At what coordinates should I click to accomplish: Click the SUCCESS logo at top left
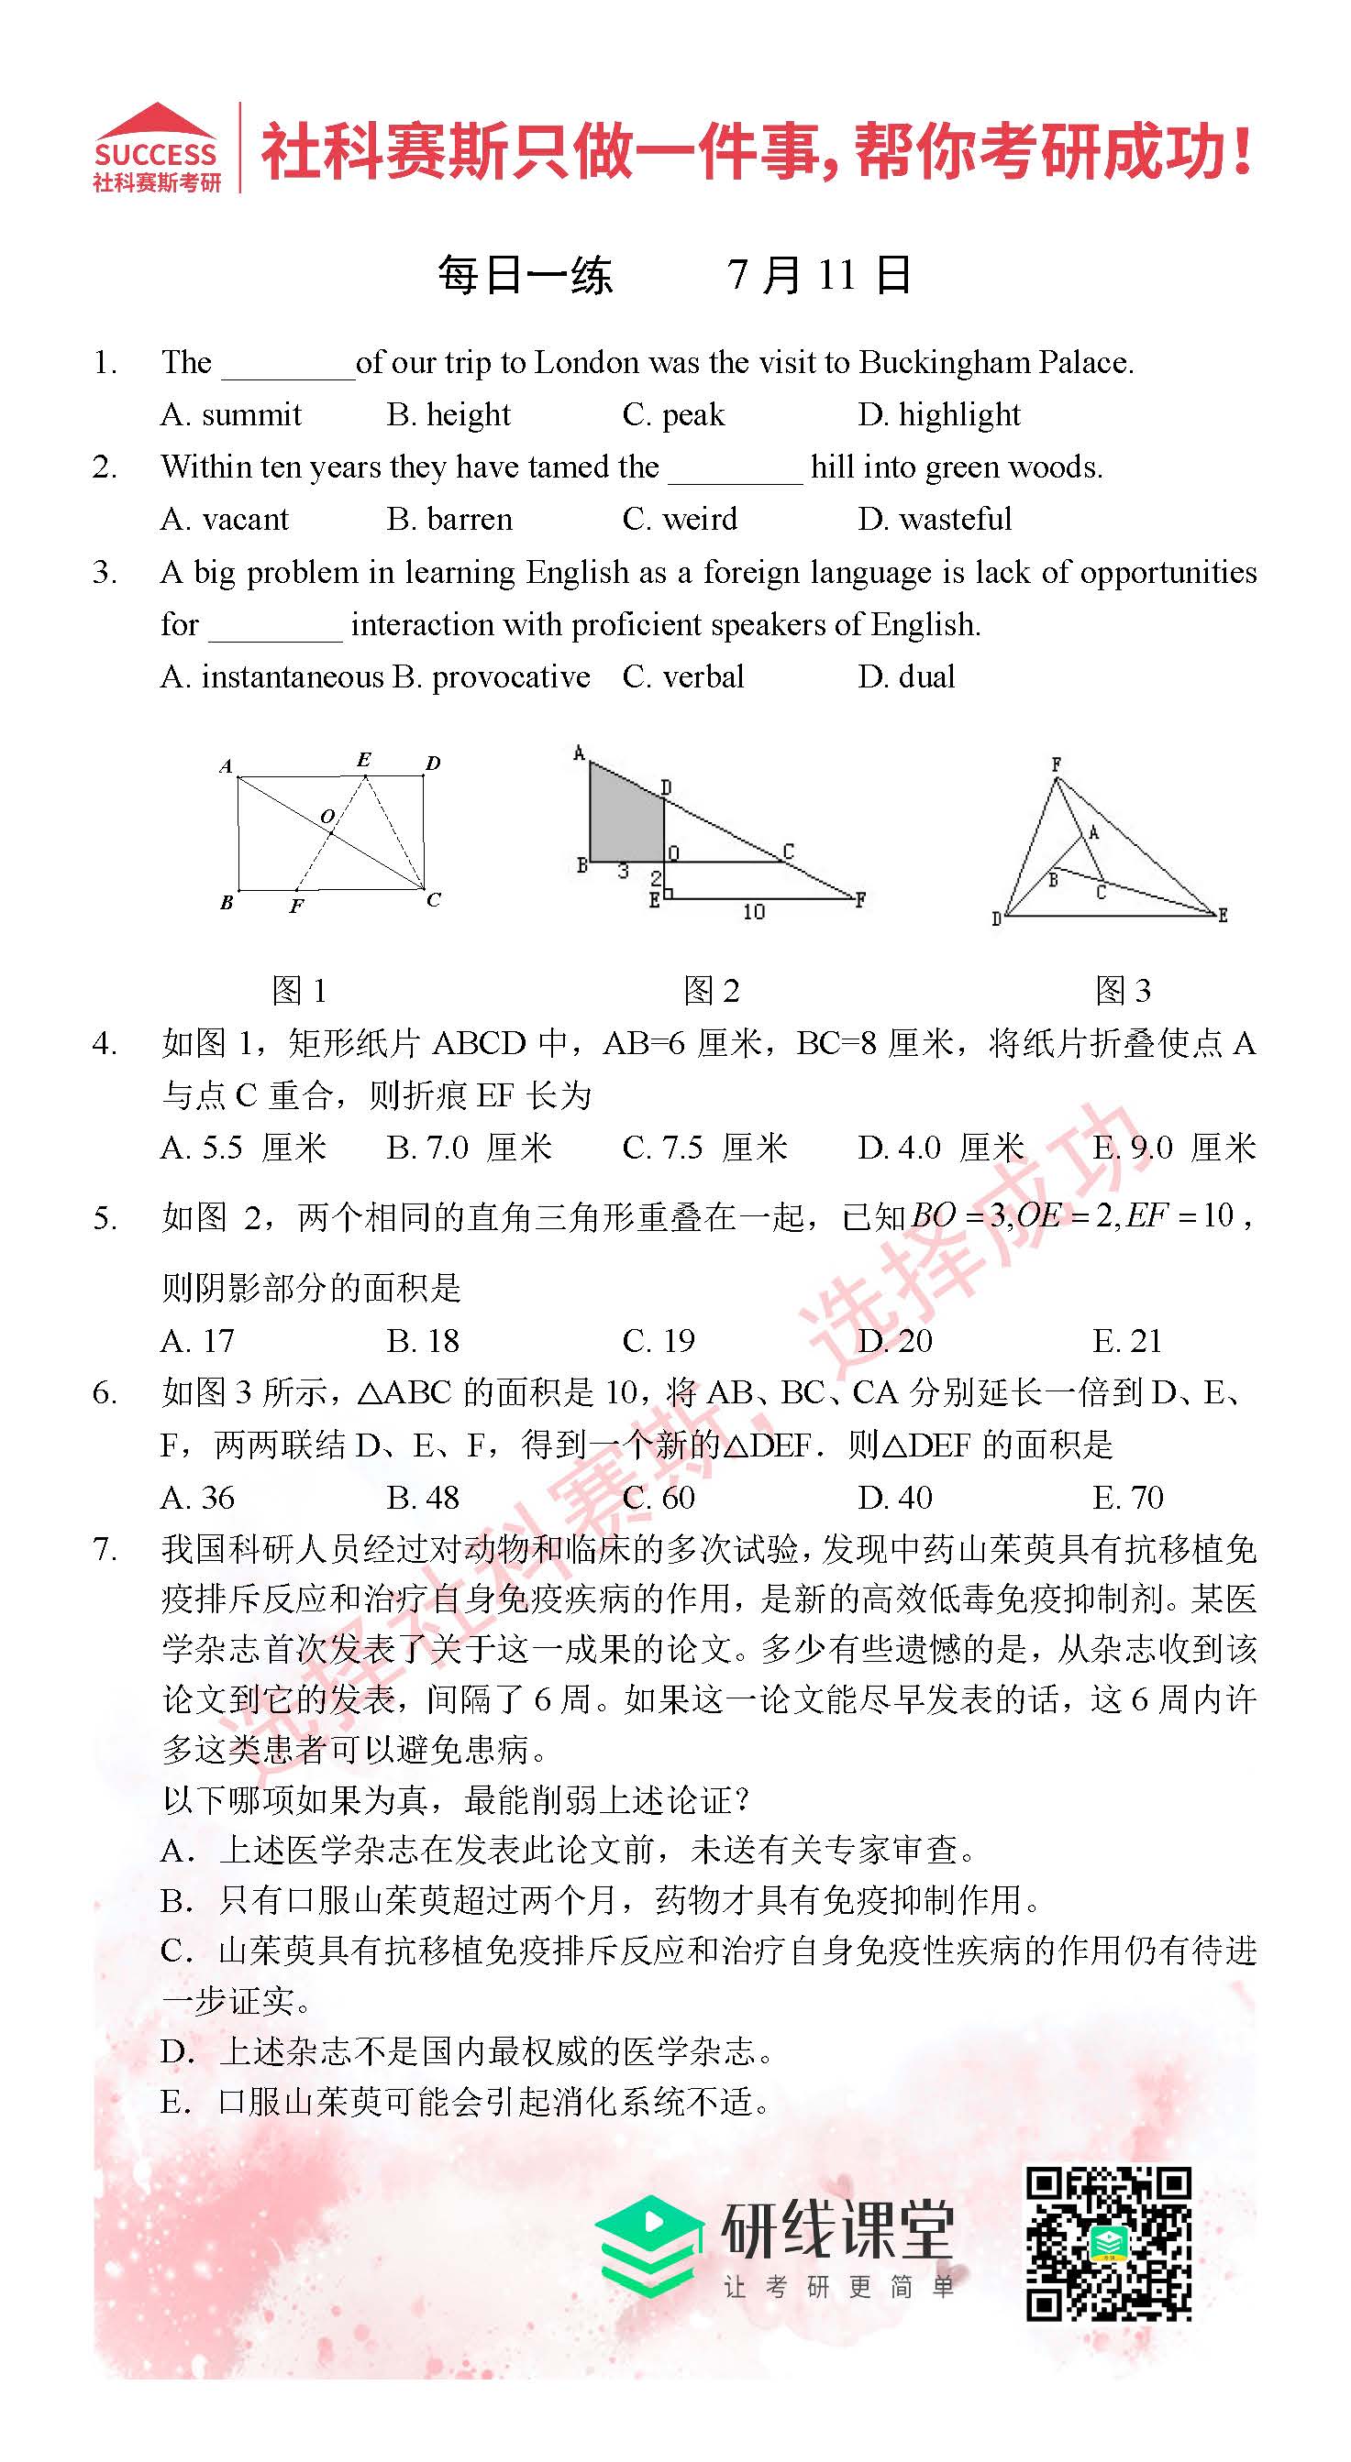[x=156, y=149]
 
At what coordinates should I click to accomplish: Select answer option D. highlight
[x=938, y=415]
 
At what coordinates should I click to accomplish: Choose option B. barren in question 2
[x=449, y=519]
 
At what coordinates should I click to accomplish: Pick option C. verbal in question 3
[x=682, y=676]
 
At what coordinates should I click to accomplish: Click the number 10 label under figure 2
[x=753, y=912]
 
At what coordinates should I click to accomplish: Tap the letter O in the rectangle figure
[x=327, y=816]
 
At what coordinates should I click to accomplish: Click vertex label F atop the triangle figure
[x=1056, y=764]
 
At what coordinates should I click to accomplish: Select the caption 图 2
[x=712, y=991]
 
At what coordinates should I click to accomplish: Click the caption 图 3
[x=1123, y=991]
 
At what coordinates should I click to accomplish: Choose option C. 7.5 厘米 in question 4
[x=704, y=1148]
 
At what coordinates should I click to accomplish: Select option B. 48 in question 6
[x=423, y=1498]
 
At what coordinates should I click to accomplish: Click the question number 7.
[x=105, y=1549]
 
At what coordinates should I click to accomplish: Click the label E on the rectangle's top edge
[x=363, y=760]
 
